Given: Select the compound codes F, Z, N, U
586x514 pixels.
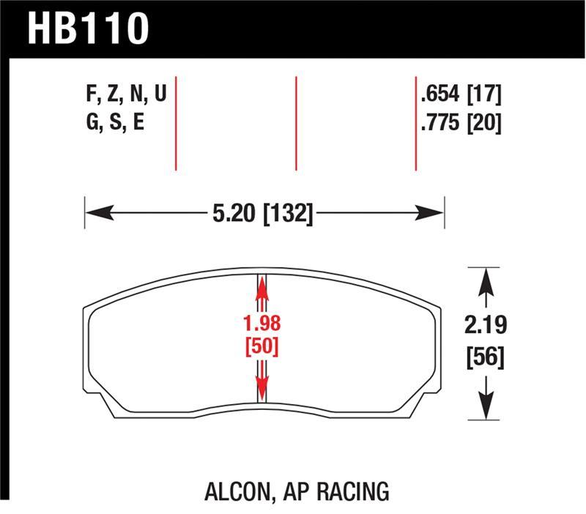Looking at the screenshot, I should click(126, 94).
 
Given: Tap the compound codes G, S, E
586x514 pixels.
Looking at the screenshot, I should click(115, 122).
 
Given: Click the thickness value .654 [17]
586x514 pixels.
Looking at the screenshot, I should click(461, 94).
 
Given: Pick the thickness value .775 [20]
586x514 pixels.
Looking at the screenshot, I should click(461, 122).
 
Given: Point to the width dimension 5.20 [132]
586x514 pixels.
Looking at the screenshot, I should click(262, 214).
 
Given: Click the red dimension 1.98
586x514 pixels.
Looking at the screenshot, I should click(262, 324).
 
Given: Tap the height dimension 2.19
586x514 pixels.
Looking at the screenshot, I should click(485, 324).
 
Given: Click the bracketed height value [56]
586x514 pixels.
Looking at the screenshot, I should click(485, 359).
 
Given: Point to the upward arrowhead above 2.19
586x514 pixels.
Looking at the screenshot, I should click(483, 281).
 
